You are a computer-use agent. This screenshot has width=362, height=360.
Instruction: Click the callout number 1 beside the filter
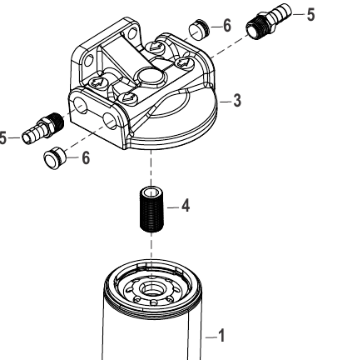point(221,336)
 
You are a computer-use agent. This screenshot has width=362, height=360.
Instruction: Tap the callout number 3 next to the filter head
point(237,101)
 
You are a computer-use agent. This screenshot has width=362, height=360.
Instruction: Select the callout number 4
point(186,206)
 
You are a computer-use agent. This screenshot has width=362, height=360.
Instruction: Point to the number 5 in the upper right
point(310,14)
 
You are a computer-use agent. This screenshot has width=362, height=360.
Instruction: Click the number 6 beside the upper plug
point(227,26)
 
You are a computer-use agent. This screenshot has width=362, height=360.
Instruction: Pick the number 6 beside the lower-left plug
point(86,158)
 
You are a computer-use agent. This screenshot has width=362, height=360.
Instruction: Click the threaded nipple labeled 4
point(151,209)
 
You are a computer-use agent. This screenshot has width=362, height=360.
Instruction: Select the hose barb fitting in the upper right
point(269,22)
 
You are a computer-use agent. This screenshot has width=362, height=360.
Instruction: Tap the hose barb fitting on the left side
point(43,128)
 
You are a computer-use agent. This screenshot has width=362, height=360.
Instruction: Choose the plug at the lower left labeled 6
point(54,158)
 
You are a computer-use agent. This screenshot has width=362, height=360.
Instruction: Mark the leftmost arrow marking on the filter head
point(97,82)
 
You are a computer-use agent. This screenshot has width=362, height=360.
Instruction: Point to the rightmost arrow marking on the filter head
point(183,62)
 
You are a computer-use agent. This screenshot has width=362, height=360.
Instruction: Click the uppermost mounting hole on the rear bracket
point(131,33)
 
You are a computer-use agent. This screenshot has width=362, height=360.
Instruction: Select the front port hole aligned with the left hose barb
point(80,107)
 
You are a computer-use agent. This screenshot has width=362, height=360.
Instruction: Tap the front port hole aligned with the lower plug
point(110,121)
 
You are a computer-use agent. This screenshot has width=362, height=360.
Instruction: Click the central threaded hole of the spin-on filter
point(151,289)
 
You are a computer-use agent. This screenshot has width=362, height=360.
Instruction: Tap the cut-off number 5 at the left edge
point(2,138)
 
